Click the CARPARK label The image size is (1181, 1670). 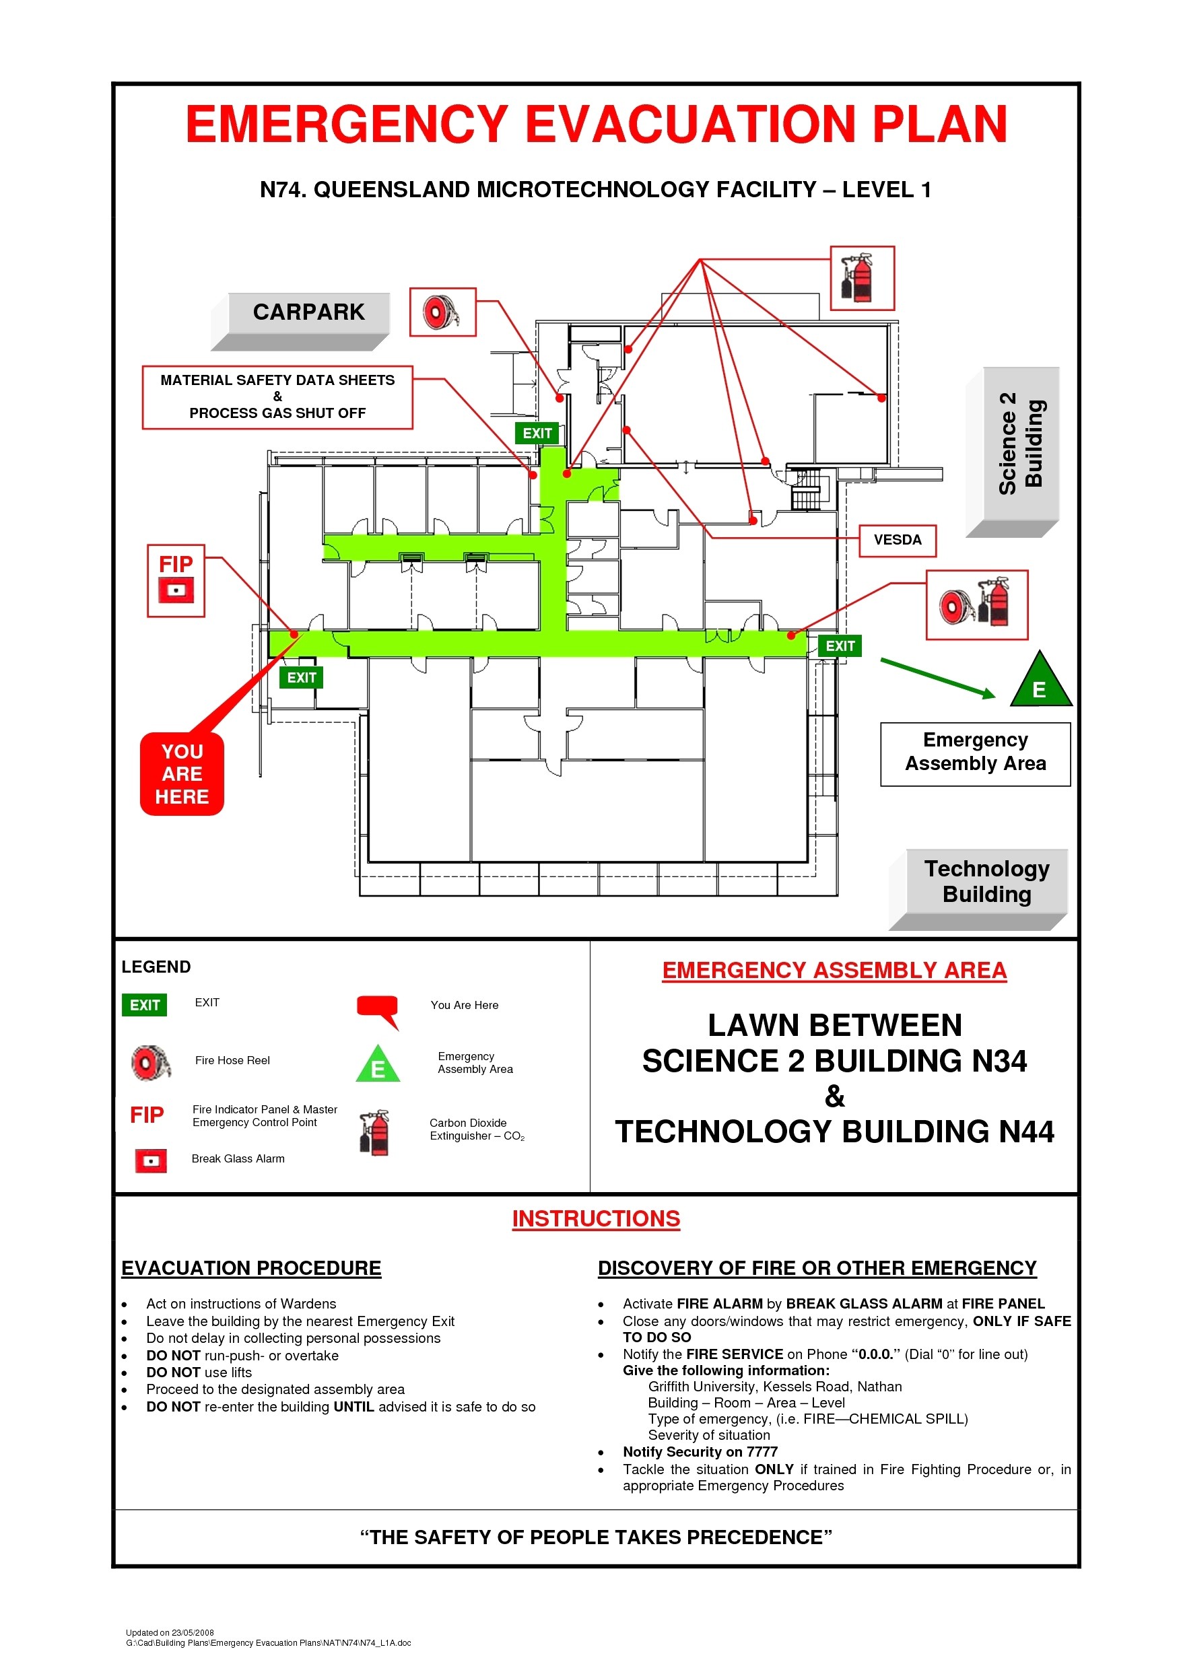tap(308, 312)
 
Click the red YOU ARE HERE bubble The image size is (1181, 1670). tap(182, 774)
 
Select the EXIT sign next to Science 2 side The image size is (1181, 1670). tap(840, 646)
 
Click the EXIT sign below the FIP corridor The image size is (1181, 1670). tap(301, 678)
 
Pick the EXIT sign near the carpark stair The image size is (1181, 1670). tap(537, 433)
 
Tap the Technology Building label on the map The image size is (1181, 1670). tap(986, 881)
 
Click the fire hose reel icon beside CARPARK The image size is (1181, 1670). tap(442, 312)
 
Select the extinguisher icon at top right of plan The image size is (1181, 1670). tap(862, 278)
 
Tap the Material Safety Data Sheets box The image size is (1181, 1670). tap(277, 397)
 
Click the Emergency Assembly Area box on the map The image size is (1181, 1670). tap(974, 752)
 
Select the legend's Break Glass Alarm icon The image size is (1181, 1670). tap(151, 1160)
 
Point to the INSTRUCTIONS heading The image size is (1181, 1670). tap(595, 1219)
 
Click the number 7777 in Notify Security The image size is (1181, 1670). tap(762, 1452)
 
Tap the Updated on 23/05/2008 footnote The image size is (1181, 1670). tap(170, 1632)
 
